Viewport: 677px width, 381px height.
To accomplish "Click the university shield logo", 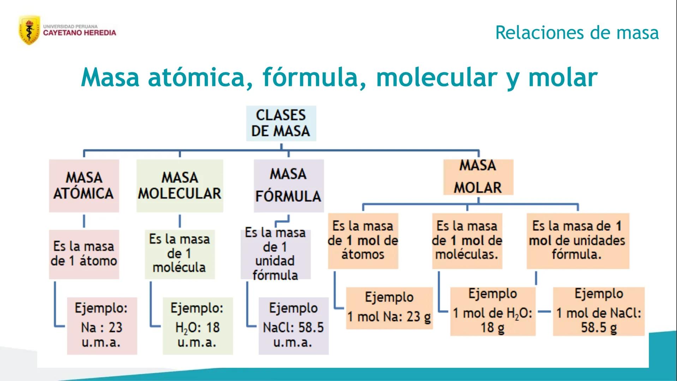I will point(29,30).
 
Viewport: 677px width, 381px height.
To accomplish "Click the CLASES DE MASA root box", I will point(281,123).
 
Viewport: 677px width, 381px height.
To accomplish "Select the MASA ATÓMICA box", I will point(84,186).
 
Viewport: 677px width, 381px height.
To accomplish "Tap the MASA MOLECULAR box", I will point(180,186).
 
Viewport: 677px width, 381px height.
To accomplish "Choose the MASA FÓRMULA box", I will point(288,186).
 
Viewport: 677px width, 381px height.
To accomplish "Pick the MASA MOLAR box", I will point(478,177).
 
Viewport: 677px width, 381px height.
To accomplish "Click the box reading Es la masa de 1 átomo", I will point(84,254).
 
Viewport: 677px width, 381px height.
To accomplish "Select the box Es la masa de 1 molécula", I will point(180,254).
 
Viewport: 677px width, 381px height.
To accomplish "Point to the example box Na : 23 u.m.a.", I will point(102,326).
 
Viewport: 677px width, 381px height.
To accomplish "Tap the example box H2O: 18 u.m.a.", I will point(197,326).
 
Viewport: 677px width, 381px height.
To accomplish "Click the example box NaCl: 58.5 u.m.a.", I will point(293,326).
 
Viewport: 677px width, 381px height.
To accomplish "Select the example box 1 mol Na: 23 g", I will point(389,308).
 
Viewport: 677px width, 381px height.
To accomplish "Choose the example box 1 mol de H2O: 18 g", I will point(493,312).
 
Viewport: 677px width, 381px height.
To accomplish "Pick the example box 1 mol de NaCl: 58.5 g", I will point(599,312).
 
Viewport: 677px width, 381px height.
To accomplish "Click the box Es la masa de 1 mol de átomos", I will point(363,241).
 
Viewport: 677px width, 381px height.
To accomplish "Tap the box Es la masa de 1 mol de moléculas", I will point(467,241).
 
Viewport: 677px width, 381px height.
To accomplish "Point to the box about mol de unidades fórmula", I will point(577,241).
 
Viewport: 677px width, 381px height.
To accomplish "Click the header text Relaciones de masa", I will point(577,32).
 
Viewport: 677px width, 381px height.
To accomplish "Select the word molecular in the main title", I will point(436,77).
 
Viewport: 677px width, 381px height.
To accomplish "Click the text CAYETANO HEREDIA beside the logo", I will point(79,33).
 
